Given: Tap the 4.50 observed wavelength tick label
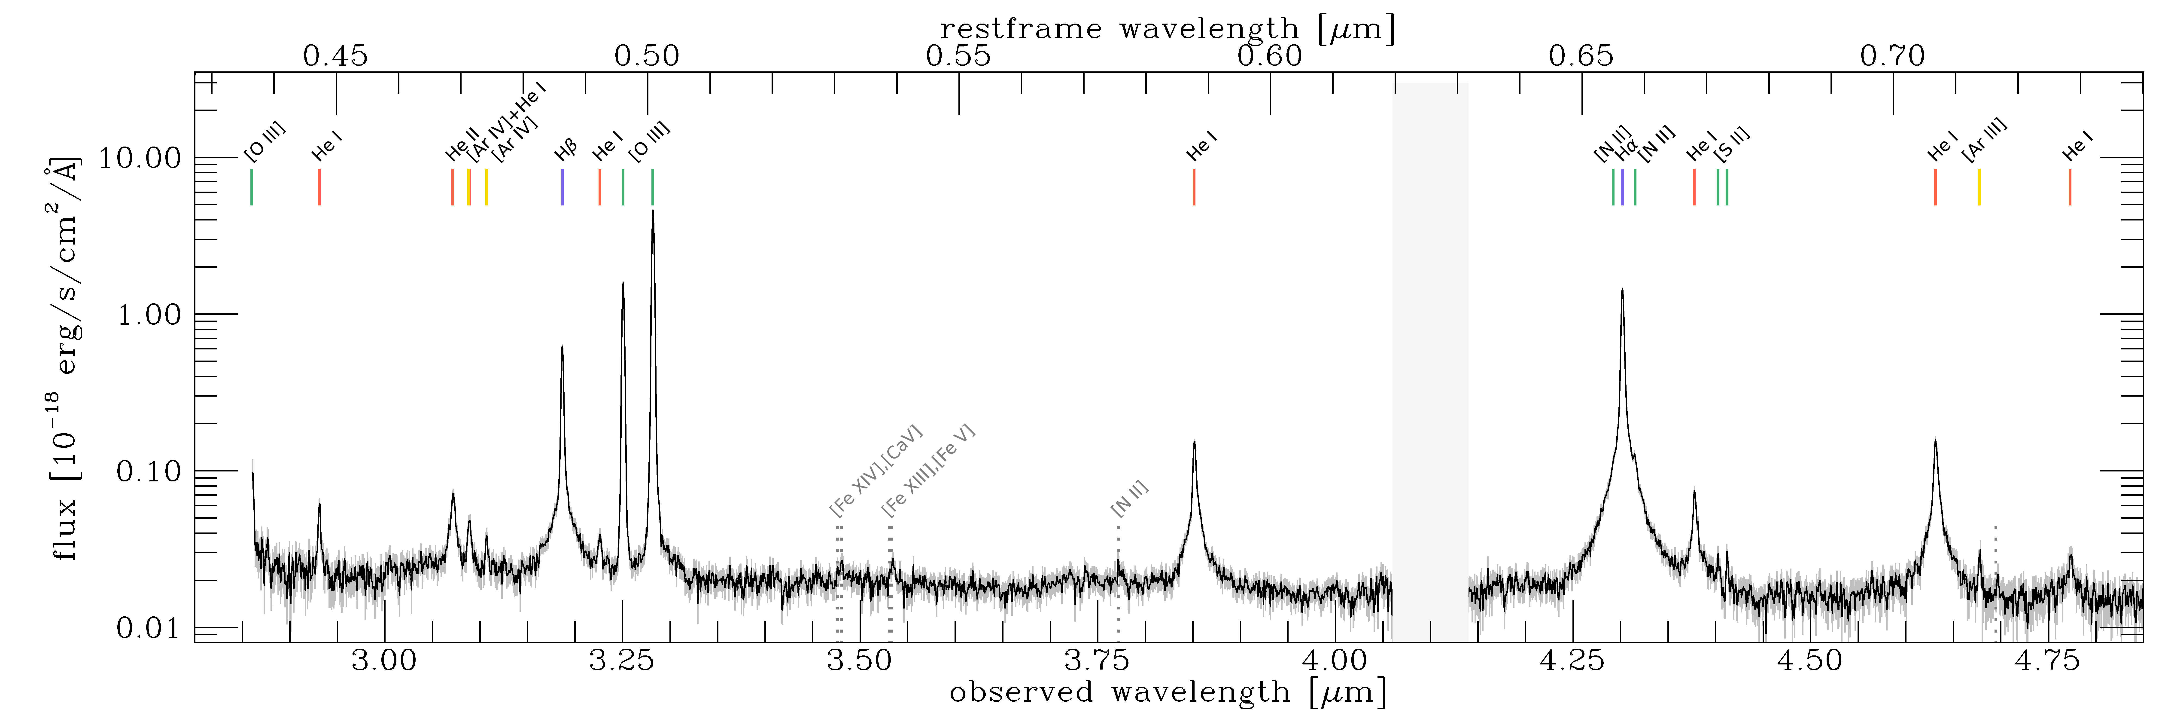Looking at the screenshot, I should pos(1809,661).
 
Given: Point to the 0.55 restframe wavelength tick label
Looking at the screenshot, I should pos(958,56).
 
